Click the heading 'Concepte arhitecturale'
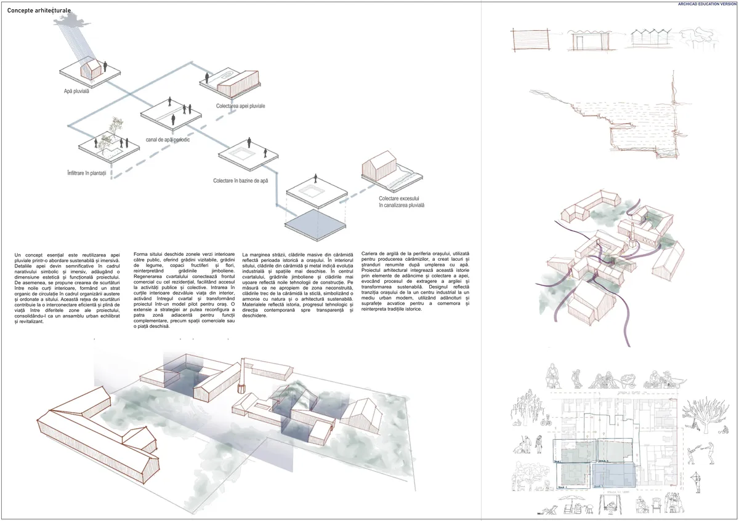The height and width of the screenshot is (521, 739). [39, 11]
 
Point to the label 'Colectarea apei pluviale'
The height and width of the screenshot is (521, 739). [240, 106]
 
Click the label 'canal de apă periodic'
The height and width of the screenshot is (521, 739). [167, 140]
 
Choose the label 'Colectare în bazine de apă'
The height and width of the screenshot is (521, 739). [241, 181]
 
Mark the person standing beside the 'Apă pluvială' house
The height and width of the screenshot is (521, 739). [105, 66]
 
